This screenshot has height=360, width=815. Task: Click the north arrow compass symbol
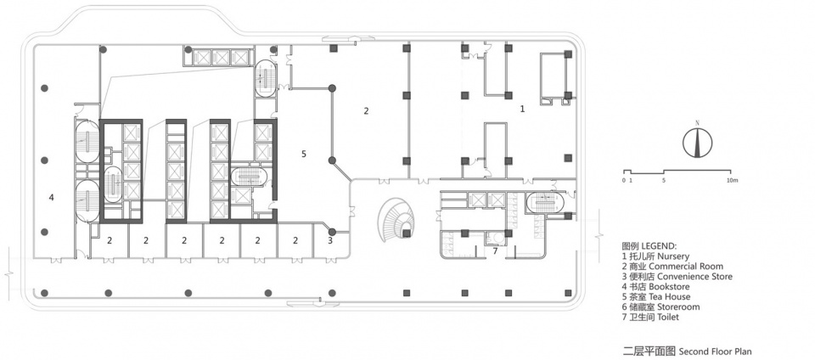[698, 141]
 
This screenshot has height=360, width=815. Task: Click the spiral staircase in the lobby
[398, 220]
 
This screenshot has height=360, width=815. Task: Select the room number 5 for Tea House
[304, 154]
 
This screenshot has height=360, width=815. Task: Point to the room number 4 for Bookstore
[51, 197]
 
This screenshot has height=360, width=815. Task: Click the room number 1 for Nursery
[523, 109]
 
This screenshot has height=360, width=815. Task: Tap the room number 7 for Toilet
[495, 251]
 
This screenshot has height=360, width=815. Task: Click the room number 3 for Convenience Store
[330, 240]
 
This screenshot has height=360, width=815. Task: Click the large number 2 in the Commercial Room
[366, 110]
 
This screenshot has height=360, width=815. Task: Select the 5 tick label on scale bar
[664, 180]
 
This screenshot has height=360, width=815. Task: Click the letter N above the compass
[698, 122]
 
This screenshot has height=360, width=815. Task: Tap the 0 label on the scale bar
[624, 180]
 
